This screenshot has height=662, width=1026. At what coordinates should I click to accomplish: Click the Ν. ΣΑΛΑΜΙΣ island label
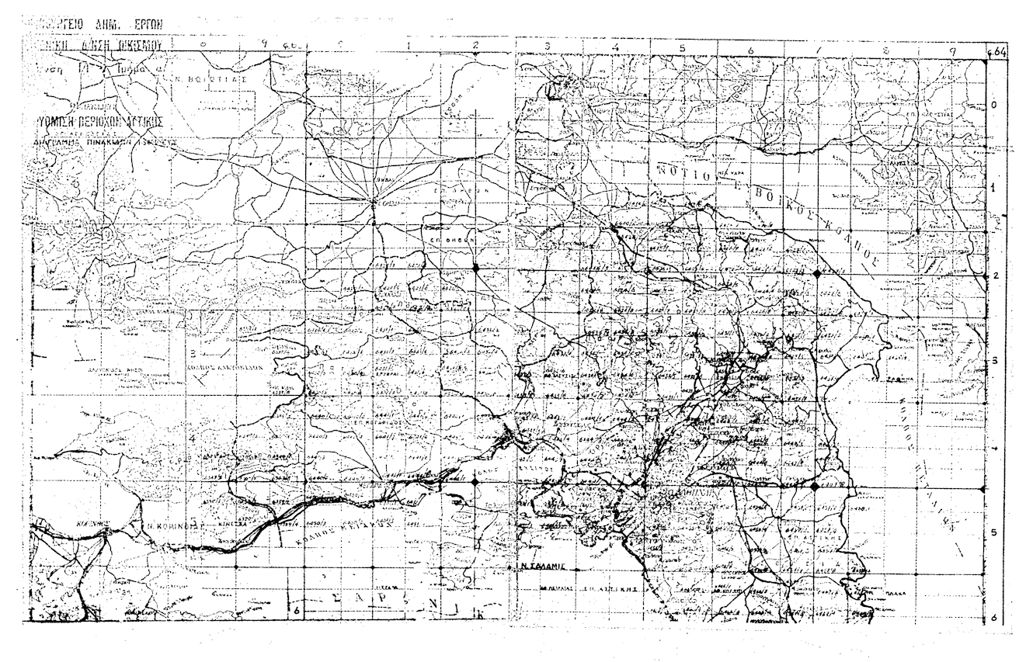click(541, 567)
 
